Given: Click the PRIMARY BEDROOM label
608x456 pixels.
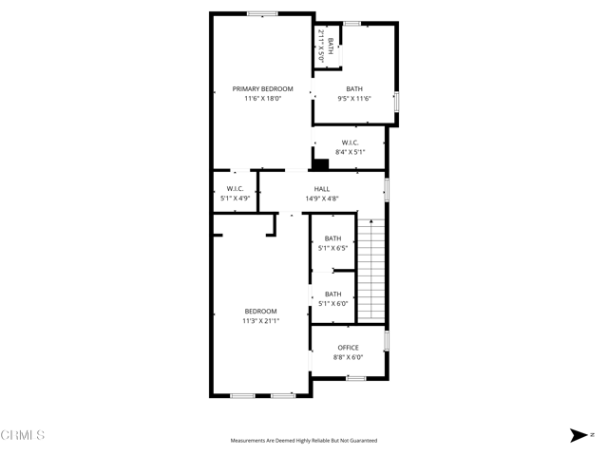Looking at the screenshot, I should (x=263, y=88).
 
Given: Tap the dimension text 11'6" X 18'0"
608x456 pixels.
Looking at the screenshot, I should (x=263, y=98).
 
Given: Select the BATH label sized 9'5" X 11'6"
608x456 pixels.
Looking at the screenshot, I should (x=354, y=89).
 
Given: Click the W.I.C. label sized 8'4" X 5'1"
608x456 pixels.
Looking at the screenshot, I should (x=350, y=142).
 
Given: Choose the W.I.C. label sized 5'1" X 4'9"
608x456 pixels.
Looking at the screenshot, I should (x=235, y=189).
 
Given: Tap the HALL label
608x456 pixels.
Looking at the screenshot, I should (x=322, y=189).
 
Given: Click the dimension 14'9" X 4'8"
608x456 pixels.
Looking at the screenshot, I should (x=322, y=199).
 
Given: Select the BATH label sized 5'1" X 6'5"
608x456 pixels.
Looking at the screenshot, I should (x=332, y=238).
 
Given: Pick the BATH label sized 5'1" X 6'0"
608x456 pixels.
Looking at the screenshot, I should (x=332, y=294).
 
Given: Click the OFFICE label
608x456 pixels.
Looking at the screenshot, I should (x=348, y=348).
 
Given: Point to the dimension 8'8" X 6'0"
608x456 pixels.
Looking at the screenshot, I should (x=348, y=357).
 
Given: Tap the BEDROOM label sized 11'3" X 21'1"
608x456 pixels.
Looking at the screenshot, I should (x=260, y=312).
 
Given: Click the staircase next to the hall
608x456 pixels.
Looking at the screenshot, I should (x=372, y=271).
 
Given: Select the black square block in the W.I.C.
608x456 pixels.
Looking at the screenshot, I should (x=320, y=163).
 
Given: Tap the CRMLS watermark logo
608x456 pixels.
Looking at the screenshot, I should (x=23, y=435).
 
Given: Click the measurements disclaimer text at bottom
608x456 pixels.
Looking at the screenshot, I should (x=304, y=441).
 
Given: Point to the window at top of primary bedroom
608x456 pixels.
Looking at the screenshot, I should (x=262, y=13).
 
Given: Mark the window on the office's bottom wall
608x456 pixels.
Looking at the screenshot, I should (x=354, y=378).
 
